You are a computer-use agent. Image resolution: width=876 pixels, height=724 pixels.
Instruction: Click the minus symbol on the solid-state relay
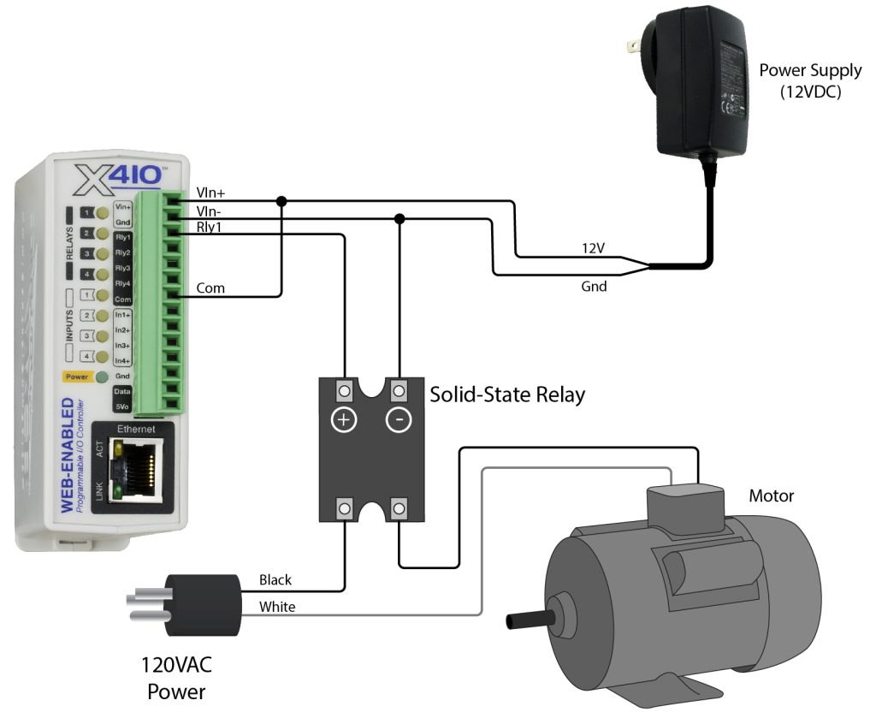(x=398, y=421)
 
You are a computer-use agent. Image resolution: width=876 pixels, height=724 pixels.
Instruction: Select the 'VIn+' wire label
(x=210, y=193)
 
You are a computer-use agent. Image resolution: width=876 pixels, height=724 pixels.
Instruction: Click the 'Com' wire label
(x=210, y=288)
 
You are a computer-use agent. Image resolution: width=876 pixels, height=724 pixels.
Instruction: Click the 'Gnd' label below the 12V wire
(x=593, y=287)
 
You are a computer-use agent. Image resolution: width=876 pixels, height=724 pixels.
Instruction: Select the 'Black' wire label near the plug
(x=275, y=579)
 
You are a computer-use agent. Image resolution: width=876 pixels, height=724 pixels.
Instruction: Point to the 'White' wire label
(x=276, y=606)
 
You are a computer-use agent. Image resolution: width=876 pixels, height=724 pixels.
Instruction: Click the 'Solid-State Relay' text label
(x=506, y=395)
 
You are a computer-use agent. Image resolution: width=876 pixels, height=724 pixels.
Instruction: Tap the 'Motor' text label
(x=771, y=496)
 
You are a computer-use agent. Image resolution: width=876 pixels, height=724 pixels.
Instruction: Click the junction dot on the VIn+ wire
(x=281, y=202)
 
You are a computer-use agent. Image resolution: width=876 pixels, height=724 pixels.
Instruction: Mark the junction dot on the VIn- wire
(x=398, y=219)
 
